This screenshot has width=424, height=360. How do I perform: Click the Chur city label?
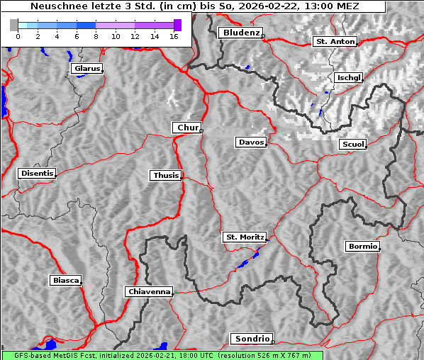pos(187,128)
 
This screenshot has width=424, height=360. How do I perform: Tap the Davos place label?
pos(251,142)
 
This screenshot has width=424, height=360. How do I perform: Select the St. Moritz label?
pos(244,237)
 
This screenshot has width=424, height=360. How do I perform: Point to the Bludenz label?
pos(240,33)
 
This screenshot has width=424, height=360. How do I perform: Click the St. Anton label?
pos(333,42)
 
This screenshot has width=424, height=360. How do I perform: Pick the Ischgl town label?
pos(349,77)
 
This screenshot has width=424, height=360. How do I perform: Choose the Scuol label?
pos(352,144)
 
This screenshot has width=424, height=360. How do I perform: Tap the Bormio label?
pos(362,247)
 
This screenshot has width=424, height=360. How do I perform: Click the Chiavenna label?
pos(148,291)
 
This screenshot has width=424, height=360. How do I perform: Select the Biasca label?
pos(65,280)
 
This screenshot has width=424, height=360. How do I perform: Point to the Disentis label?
pos(36,173)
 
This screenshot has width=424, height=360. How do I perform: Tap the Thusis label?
pos(165,175)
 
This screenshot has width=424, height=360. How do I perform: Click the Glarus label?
pos(86,69)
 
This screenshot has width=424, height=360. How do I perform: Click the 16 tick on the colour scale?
pos(174,35)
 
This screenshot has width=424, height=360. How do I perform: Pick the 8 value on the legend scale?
pos(96,35)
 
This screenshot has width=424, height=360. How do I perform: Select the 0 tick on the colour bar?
pos(18,35)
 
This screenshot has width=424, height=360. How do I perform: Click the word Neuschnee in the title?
pos(54,6)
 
